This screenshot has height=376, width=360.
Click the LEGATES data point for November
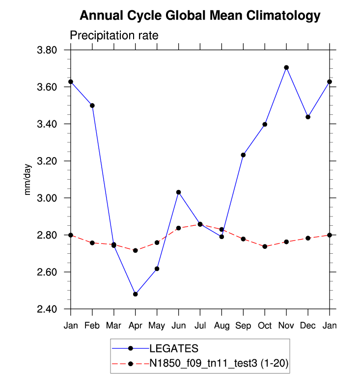point(286,67)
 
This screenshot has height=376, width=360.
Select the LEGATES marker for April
point(136,294)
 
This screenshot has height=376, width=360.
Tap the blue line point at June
point(179,192)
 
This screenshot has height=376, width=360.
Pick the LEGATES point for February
point(92,106)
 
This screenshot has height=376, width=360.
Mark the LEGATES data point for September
point(243,155)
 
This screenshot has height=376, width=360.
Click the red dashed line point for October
point(265,246)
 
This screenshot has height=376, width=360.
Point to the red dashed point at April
point(136,250)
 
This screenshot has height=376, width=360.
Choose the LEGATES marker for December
point(308,117)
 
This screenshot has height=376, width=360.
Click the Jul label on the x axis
point(200,326)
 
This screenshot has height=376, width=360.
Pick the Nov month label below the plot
point(286,326)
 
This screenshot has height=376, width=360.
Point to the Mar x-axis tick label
point(114,326)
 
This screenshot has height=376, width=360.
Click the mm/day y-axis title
point(28,180)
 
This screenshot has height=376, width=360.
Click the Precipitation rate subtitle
point(114,36)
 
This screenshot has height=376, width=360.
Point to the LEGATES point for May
point(157,269)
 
